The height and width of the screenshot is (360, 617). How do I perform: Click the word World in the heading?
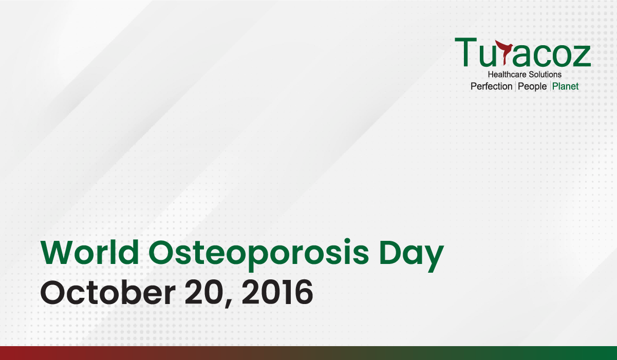[90, 252]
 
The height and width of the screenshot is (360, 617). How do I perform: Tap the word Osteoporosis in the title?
[258, 255]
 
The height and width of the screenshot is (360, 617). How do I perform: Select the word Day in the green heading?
[412, 256]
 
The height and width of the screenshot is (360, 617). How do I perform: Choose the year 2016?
[277, 292]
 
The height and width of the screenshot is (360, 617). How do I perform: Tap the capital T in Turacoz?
[465, 52]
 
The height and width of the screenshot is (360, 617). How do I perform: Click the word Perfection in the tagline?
[492, 86]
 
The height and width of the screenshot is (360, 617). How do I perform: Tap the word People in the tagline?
[532, 87]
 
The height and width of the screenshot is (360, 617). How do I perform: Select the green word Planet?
[566, 86]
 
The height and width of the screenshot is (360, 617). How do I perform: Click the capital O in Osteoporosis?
[162, 252]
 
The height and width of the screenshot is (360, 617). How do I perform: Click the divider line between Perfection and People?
[515, 86]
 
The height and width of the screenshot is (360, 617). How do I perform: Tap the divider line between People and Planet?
[550, 86]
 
